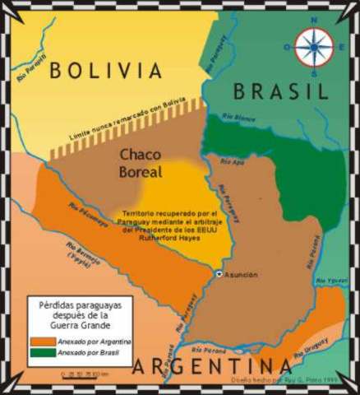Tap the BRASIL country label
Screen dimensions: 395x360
[280, 91]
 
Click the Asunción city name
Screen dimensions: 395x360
[241, 274]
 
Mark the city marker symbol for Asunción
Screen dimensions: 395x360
[219, 273]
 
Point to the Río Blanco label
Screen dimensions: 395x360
[246, 118]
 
